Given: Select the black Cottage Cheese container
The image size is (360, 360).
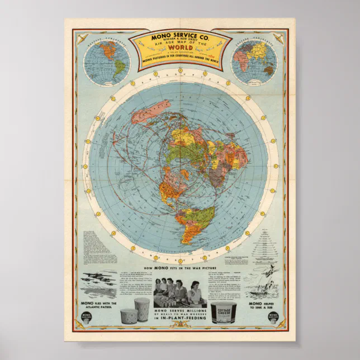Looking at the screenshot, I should tap(224, 314).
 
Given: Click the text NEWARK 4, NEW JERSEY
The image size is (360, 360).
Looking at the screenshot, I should tap(180, 47).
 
